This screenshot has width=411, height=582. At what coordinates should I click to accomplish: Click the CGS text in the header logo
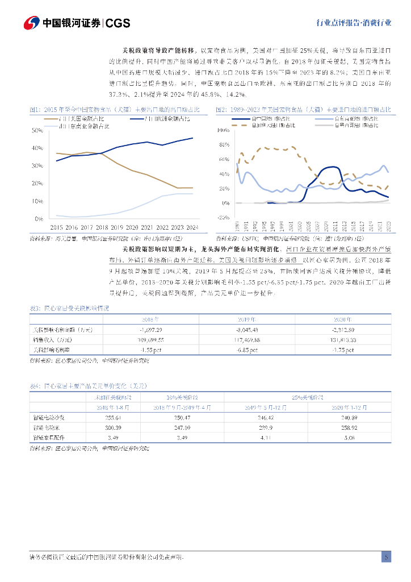pos(118,23)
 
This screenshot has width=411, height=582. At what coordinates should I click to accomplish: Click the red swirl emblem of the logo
pos(31,23)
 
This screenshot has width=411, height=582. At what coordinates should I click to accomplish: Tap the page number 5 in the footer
pos(386,556)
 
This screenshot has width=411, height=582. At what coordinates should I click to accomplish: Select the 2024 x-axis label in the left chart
pos(192,226)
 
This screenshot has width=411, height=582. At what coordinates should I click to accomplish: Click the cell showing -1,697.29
pos(151,330)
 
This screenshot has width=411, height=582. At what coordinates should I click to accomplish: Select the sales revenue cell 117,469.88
pos(247,340)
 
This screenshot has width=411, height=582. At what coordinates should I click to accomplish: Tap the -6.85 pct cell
pos(247,350)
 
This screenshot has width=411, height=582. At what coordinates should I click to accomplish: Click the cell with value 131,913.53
pos(343,340)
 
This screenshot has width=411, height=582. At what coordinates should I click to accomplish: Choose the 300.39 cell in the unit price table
pos(110,427)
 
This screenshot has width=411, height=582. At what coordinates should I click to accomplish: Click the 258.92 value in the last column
pos(343,427)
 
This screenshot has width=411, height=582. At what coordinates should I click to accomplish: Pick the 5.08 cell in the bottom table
pos(343,438)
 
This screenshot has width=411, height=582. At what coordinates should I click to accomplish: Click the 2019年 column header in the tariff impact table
pos(247,320)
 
